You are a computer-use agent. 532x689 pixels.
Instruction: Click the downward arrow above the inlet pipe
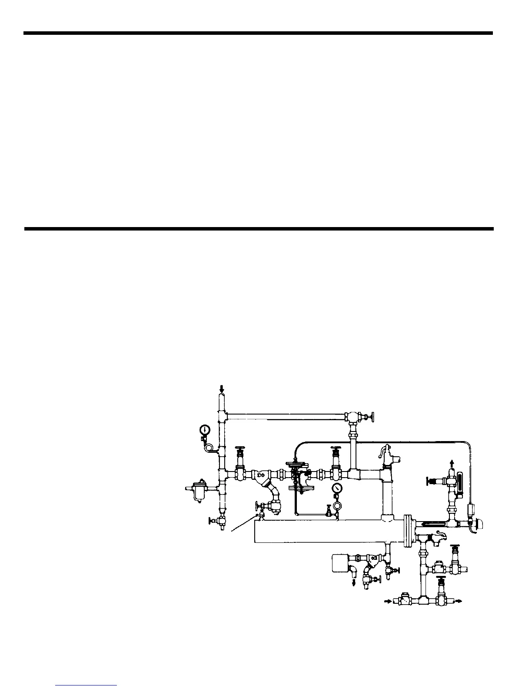[x=222, y=388]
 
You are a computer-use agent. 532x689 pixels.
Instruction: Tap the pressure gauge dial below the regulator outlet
[x=336, y=488]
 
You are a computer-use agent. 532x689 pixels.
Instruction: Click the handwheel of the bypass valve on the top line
[x=372, y=418]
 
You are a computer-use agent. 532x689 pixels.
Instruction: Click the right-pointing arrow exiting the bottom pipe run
[x=458, y=601]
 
